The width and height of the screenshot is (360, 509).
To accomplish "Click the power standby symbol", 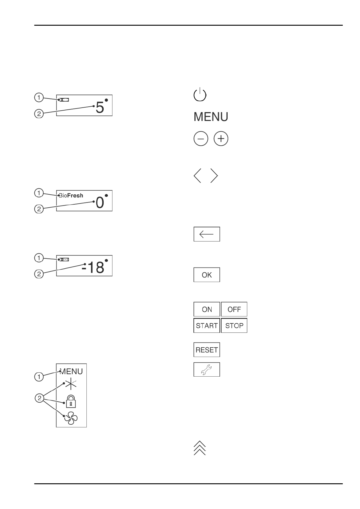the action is coord(199,95).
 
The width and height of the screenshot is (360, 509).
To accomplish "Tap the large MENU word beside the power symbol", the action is coord(211,117).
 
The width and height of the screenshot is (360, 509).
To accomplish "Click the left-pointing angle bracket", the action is coord(197,175).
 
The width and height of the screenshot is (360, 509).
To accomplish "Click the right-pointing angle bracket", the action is coord(214,175).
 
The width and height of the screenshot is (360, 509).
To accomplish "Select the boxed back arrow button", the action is coord(207,234).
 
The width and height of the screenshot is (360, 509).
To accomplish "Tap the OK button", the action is coord(207,275).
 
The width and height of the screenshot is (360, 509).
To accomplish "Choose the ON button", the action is coord(207,309).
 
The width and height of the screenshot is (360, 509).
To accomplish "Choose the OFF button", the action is coord(234,309).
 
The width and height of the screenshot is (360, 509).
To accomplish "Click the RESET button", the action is coord(207,350).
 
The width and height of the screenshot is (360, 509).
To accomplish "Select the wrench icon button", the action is coord(207,369).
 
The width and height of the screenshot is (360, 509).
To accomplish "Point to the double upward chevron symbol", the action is coord(199,448).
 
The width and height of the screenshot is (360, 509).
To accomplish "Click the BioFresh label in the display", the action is coord(71,196).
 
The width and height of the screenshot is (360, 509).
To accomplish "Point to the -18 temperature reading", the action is coord(93,267).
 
